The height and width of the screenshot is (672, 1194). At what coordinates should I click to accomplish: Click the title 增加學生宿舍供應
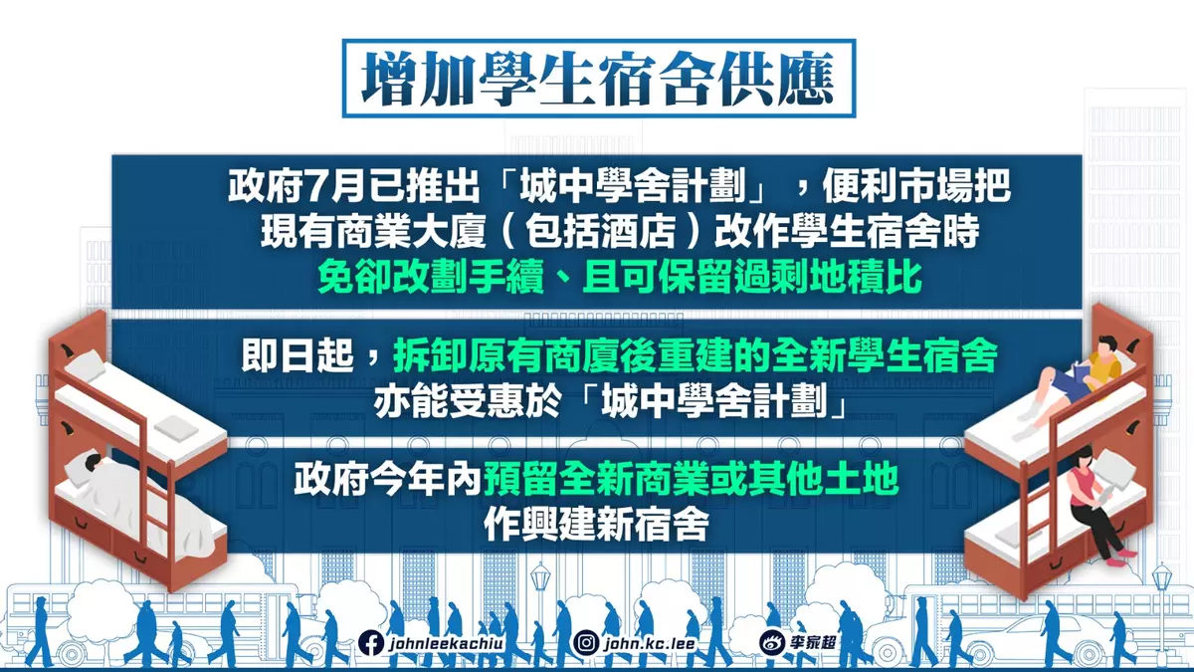point(598,78)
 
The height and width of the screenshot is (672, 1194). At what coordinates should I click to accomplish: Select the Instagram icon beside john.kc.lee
point(589,642)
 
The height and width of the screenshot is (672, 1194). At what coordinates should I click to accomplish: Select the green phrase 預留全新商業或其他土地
point(692,482)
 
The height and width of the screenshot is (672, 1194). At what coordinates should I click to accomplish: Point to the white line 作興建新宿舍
point(596,525)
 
